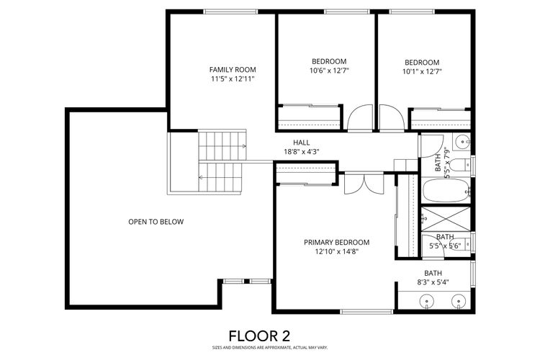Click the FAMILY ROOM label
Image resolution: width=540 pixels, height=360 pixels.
pyautogui.click(x=233, y=70)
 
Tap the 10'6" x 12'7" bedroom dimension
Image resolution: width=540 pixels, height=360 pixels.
pyautogui.click(x=329, y=71)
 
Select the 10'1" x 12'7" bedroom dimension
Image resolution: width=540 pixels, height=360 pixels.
pyautogui.click(x=422, y=72)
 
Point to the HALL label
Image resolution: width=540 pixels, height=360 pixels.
pyautogui.click(x=302, y=143)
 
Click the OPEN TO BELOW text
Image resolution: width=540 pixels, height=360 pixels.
pyautogui.click(x=156, y=222)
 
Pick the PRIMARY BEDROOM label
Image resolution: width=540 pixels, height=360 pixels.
pyautogui.click(x=336, y=243)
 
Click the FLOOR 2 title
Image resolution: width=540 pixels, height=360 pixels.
pyautogui.click(x=259, y=336)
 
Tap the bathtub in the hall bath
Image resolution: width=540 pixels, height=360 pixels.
pyautogui.click(x=446, y=190)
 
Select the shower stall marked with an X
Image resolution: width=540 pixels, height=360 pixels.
pyautogui.click(x=446, y=219)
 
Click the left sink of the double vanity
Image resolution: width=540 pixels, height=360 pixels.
pyautogui.click(x=427, y=301)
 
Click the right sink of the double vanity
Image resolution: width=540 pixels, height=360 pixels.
pyautogui.click(x=459, y=301)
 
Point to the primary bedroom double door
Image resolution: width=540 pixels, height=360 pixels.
pyautogui.click(x=364, y=184)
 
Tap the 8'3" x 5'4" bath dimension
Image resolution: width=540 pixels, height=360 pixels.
pyautogui.click(x=433, y=282)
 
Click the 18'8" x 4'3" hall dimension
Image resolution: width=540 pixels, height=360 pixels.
pyautogui.click(x=302, y=152)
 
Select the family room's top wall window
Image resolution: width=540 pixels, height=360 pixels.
pyautogui.click(x=230, y=12)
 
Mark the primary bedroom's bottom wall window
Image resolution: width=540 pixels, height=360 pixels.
pyautogui.click(x=366, y=312)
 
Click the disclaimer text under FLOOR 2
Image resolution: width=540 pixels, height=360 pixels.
pyautogui.click(x=270, y=348)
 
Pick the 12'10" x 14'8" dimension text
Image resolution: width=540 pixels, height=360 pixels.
pyautogui.click(x=336, y=252)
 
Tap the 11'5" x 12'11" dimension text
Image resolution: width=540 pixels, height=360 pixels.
pyautogui.click(x=233, y=79)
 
